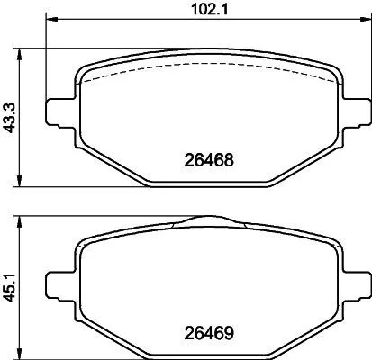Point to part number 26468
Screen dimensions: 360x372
point(209,164)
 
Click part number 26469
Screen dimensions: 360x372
point(209,331)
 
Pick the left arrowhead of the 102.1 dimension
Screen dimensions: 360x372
point(50,21)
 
